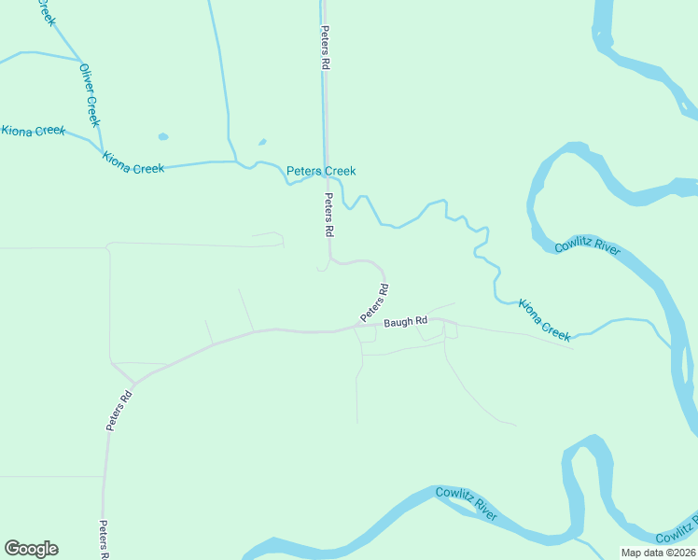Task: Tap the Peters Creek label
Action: [x=321, y=171]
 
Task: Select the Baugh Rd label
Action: [x=404, y=322]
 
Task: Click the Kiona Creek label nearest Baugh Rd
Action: [x=544, y=320]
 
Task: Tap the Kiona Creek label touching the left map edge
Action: [x=33, y=131]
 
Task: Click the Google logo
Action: [x=31, y=549]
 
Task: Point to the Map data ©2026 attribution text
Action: [x=658, y=553]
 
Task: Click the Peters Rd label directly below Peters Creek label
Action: [x=328, y=214]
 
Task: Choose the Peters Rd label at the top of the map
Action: [x=325, y=49]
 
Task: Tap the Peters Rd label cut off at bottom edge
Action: [x=105, y=540]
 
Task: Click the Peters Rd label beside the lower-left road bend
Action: [x=119, y=410]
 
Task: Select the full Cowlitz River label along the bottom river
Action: [x=467, y=503]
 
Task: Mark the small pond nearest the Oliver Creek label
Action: [x=163, y=136]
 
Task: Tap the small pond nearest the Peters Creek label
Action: [x=262, y=143]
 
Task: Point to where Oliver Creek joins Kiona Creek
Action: [x=101, y=147]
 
